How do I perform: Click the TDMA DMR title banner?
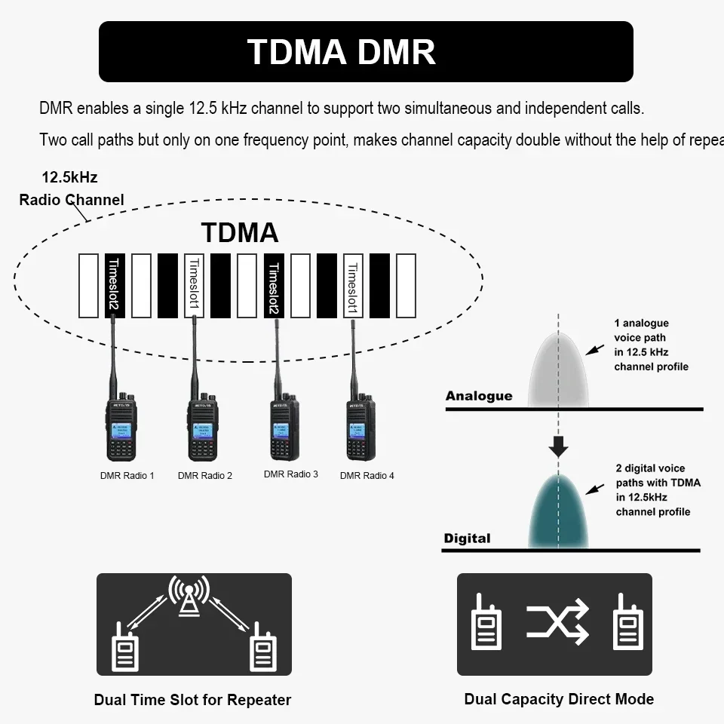366,51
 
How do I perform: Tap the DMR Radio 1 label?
127,476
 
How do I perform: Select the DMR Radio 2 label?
205,476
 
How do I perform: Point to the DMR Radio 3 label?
291,474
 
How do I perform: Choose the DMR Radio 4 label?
367,476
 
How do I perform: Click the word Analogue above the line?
479,396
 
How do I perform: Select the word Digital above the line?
467,538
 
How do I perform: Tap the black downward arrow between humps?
558,446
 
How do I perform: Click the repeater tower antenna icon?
189,596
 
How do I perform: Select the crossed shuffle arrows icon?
557,622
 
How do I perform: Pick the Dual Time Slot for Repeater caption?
192,700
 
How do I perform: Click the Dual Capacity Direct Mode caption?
559,699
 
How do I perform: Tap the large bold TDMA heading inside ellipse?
240,233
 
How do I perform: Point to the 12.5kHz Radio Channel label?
71,189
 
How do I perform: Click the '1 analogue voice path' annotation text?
651,345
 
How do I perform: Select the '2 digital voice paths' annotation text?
657,490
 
